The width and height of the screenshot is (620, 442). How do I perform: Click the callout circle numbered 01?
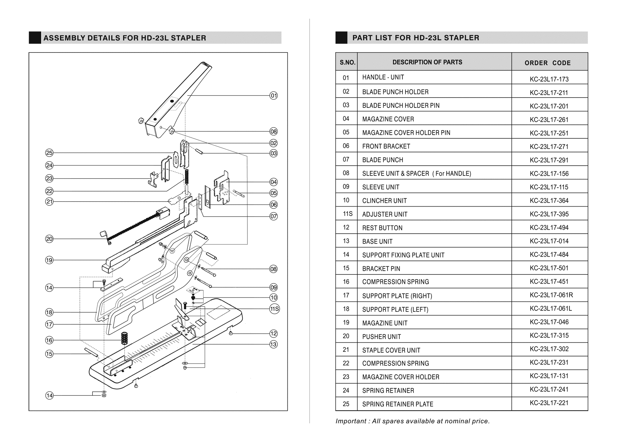[x=274, y=95]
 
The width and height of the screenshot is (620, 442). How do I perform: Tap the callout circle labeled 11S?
[x=274, y=309]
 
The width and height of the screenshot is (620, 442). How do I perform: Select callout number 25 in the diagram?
[x=49, y=153]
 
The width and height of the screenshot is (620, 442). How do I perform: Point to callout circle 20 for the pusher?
[x=49, y=239]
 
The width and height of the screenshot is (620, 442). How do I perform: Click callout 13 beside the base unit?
[x=274, y=344]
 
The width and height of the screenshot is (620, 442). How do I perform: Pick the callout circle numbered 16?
[x=49, y=340]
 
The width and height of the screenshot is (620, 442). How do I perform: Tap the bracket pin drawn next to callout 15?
[x=91, y=352]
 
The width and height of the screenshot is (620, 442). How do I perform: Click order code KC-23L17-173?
[x=549, y=79]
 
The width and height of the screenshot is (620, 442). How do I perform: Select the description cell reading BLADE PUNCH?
[x=383, y=160]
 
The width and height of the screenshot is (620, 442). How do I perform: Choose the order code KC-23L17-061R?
[x=551, y=295]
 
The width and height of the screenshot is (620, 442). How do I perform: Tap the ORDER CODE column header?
[x=548, y=63]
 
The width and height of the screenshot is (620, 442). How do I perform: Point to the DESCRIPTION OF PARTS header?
[x=427, y=62]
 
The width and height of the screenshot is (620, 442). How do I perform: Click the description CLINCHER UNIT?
[x=384, y=201]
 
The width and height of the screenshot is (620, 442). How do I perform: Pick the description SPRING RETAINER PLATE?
[x=398, y=404]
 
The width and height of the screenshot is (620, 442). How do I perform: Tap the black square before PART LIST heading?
[x=341, y=38]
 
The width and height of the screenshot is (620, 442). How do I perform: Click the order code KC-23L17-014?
[x=549, y=241]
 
